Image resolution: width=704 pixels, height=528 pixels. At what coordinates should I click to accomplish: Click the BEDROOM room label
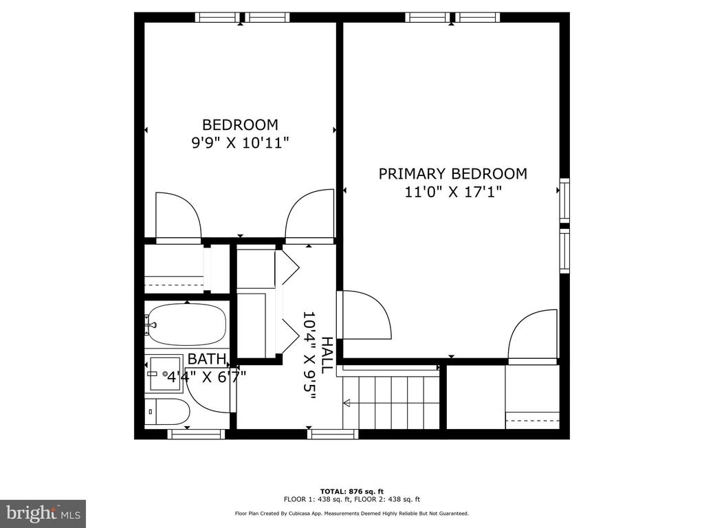tap(240, 124)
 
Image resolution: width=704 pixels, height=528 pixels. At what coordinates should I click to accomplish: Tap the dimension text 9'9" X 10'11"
tap(240, 143)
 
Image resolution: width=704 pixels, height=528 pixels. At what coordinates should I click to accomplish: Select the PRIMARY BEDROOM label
tap(452, 174)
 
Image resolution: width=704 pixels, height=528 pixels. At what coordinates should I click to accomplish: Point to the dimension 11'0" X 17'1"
tap(452, 192)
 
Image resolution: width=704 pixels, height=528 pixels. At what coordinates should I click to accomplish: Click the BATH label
tap(206, 359)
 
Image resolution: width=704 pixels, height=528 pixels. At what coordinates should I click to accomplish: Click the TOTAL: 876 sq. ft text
tap(351, 492)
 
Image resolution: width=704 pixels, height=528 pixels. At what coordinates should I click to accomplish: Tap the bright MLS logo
tap(43, 514)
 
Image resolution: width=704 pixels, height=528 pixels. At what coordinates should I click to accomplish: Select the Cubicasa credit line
tap(351, 513)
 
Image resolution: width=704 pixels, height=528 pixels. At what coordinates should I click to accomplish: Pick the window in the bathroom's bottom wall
tap(196, 434)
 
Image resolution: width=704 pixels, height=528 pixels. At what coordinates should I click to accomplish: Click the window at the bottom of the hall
tap(333, 434)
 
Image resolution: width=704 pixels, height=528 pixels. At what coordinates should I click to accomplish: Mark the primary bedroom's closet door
tap(533, 335)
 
